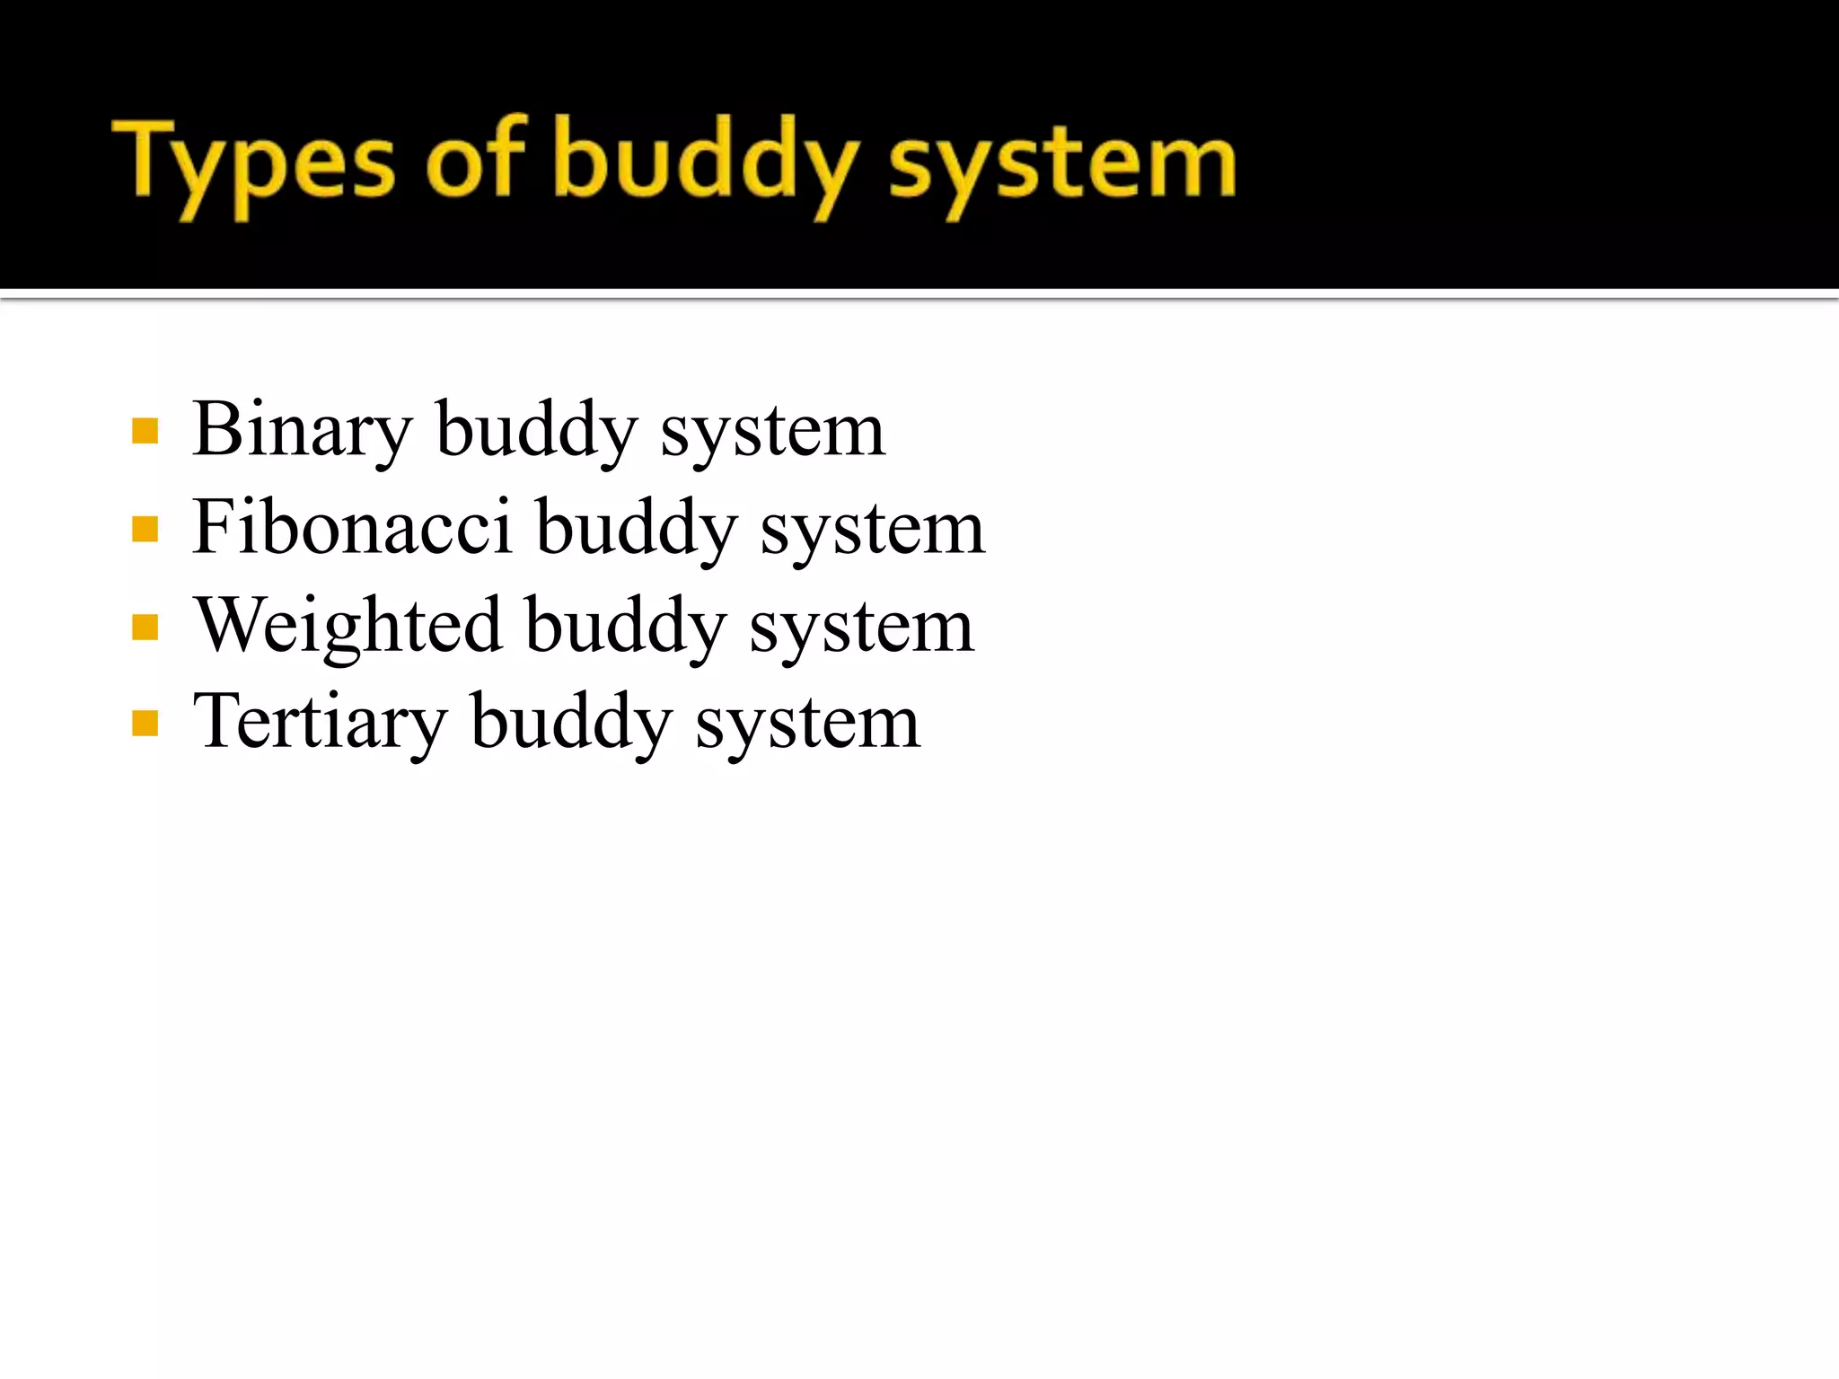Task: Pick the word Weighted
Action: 348,626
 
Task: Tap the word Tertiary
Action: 320,722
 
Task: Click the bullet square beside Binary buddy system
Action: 145,431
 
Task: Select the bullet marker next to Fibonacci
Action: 145,529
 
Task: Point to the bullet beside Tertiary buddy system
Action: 145,723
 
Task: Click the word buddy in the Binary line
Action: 536,431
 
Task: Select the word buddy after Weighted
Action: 625,627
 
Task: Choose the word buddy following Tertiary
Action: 571,723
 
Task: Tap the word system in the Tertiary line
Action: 808,724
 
